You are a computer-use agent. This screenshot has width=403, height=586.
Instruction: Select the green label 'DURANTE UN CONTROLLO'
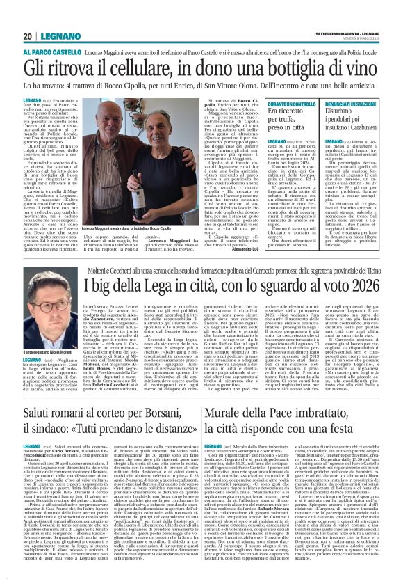click(x=290, y=103)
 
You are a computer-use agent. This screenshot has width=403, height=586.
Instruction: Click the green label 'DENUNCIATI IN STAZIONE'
click(x=351, y=103)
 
